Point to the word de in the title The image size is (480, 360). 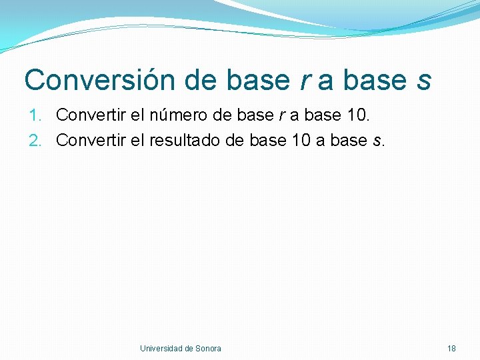(202, 80)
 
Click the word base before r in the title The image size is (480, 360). (257, 81)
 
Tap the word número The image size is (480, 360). (172, 115)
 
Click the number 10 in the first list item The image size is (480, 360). (359, 115)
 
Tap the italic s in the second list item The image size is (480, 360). (377, 141)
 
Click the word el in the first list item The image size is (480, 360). (135, 115)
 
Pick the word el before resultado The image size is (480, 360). (135, 140)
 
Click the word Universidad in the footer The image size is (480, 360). (161, 348)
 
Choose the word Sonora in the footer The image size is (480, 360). (209, 348)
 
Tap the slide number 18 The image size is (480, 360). (451, 348)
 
